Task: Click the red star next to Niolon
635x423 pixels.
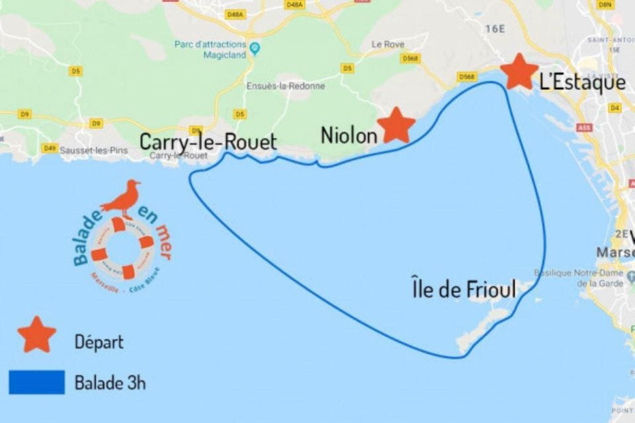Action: (x=396, y=125)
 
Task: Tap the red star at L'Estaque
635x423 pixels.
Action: (x=519, y=72)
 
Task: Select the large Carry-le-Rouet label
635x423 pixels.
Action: (x=208, y=141)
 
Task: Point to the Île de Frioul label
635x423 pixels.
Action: (x=463, y=288)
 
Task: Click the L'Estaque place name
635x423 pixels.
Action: (x=581, y=83)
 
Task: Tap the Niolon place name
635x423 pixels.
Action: (x=349, y=135)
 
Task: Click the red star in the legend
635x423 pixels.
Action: (x=37, y=334)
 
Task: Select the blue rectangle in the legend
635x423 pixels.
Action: (x=37, y=382)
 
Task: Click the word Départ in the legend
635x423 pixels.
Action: (x=99, y=342)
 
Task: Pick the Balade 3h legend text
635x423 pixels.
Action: (x=110, y=383)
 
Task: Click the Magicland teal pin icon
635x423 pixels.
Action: (x=255, y=48)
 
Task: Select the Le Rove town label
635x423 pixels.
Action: (x=388, y=44)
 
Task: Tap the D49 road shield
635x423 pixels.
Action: (x=50, y=147)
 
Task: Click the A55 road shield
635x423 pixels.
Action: (x=583, y=128)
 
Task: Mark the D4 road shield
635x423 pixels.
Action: (x=615, y=107)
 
